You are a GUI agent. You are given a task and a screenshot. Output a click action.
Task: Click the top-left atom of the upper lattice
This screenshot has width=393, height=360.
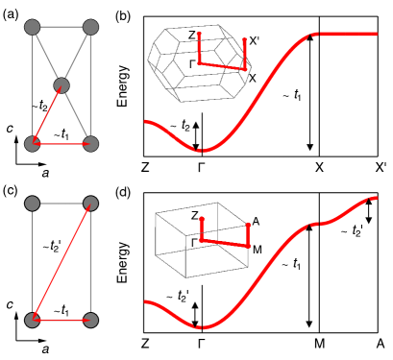(x=32, y=27)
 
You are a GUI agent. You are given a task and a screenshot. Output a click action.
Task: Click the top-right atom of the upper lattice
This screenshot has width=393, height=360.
(x=90, y=27)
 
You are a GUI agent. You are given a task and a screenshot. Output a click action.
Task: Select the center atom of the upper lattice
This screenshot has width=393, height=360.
(x=61, y=85)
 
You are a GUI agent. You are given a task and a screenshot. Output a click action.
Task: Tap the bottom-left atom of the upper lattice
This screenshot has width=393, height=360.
(x=32, y=144)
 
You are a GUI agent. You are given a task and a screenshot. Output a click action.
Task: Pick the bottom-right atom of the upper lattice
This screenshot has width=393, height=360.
(x=90, y=144)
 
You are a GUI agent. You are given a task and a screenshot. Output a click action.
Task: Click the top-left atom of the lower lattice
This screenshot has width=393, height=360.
(x=32, y=204)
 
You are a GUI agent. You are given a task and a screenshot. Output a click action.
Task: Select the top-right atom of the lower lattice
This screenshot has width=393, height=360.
(x=90, y=204)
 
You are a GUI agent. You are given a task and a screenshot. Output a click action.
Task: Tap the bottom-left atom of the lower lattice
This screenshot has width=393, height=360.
(x=32, y=320)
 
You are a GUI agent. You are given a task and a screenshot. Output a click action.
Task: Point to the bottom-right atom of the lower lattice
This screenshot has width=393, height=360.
(x=90, y=320)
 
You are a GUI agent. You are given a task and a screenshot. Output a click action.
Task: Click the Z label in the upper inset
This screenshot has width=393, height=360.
(x=191, y=36)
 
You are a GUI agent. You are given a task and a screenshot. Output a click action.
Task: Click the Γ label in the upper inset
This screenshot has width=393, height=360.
(x=192, y=64)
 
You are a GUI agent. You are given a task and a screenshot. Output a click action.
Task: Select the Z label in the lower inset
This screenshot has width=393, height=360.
(x=194, y=216)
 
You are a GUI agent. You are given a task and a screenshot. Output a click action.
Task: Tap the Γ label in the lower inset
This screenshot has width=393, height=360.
(x=194, y=243)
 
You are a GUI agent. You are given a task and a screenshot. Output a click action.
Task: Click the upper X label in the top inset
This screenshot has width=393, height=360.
(x=252, y=41)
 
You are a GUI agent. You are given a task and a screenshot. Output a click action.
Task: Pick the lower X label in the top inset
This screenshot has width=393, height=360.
(x=252, y=79)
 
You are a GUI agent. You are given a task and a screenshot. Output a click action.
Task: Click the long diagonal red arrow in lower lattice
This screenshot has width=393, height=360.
(x=61, y=261)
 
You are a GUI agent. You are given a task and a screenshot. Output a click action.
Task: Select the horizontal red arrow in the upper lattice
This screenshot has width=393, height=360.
(x=61, y=144)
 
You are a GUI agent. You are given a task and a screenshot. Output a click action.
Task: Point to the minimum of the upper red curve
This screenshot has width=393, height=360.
(x=200, y=151)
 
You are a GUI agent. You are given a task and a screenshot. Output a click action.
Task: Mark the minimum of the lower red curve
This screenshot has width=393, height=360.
(x=199, y=327)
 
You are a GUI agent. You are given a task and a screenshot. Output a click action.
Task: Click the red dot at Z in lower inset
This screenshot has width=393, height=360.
(x=202, y=219)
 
